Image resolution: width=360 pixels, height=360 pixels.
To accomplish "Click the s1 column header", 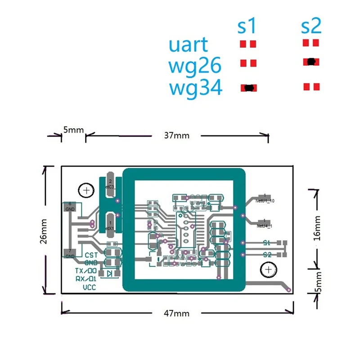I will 247,27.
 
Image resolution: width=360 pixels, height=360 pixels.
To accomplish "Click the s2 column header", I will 311,27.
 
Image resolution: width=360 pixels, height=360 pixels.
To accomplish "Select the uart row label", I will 189,45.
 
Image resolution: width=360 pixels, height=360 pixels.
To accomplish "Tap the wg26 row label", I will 195,66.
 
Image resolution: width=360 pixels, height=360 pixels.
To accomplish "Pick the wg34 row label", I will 196,88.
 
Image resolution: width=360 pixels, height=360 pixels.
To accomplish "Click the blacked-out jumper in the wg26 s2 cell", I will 310,62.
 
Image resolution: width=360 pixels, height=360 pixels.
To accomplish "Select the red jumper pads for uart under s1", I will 247,44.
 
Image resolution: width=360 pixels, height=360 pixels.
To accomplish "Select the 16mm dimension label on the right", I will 318,228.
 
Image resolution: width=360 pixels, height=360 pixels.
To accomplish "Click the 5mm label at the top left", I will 73,130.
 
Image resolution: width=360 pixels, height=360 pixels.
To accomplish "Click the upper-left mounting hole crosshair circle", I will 85,191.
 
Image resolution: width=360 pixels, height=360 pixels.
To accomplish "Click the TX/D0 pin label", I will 85,271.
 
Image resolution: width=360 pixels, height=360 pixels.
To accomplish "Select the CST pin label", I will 91,255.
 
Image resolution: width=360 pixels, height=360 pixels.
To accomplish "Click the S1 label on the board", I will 267,243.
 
